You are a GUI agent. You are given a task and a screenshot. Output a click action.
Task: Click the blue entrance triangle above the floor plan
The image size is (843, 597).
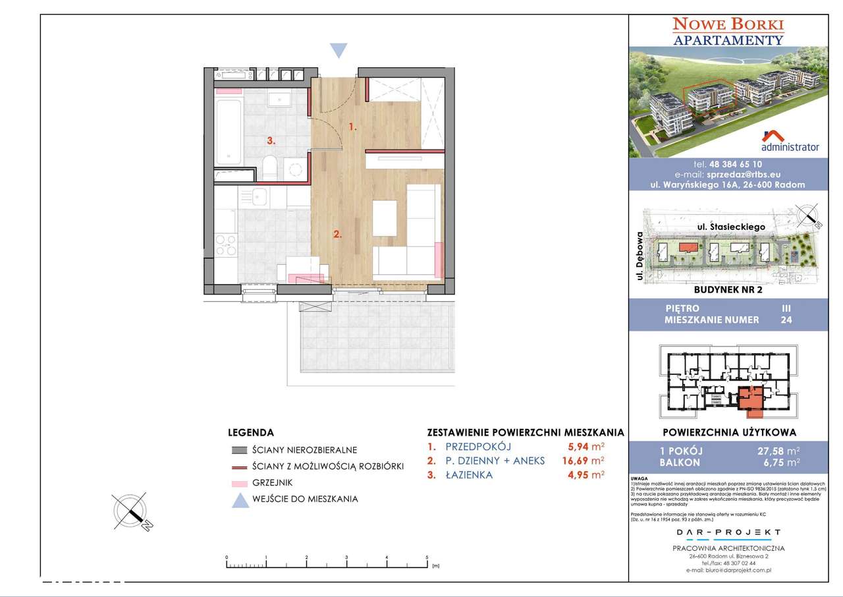click(339, 51)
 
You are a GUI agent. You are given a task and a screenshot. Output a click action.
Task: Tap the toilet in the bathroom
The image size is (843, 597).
click(270, 168)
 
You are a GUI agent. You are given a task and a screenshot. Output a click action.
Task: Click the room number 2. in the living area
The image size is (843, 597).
click(337, 234)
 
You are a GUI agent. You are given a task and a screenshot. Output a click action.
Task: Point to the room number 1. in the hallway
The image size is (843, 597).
click(352, 127)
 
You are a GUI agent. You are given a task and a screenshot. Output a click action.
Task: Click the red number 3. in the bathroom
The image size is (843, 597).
click(271, 140)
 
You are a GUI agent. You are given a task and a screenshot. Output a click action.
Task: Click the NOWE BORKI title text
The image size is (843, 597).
click(728, 25)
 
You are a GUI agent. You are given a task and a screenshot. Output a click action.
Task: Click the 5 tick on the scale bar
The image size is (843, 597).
click(427, 558)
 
